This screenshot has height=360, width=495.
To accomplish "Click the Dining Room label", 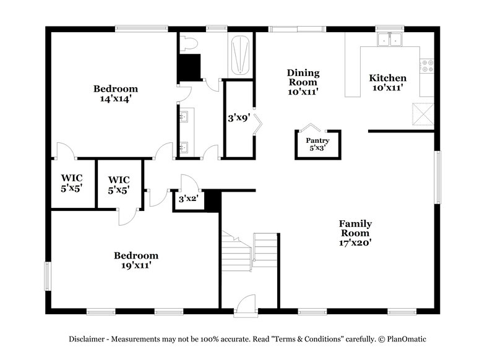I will (302, 82).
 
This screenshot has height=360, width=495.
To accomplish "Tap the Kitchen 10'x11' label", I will (387, 83).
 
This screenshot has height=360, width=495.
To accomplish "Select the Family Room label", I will (355, 233).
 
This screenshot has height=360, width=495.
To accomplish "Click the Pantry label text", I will (317, 141).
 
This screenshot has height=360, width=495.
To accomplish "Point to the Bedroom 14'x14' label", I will (115, 93).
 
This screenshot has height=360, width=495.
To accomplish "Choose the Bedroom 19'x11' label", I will (136, 260).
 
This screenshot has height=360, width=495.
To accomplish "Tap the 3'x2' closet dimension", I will (187, 199).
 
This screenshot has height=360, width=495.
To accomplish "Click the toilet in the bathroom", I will (189, 43).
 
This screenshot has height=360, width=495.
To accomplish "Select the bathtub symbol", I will (240, 56).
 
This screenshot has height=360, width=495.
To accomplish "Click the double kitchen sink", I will (389, 40).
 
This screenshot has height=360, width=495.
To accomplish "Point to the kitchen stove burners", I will (426, 66).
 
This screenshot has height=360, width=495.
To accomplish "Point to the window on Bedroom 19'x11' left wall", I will (47, 275).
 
